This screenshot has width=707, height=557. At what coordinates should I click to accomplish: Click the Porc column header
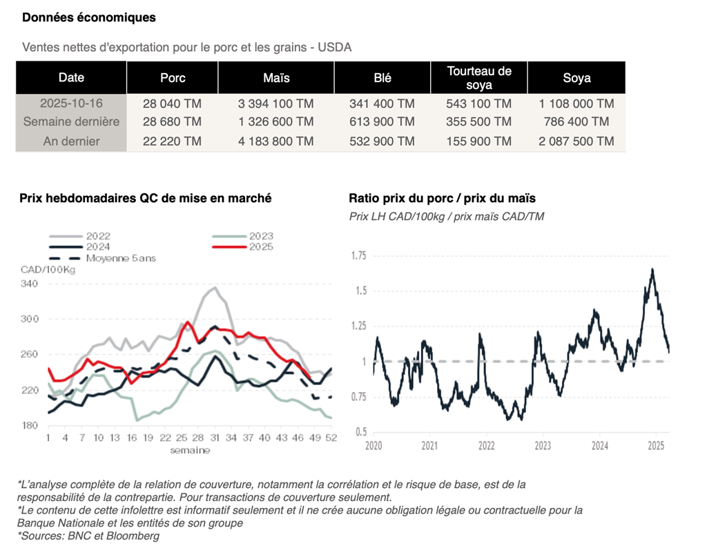point(173,78)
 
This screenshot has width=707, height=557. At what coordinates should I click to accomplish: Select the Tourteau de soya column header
point(479,78)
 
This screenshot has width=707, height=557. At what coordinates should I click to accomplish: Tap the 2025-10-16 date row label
point(71,104)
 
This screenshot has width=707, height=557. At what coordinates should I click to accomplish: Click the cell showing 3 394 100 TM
point(275,104)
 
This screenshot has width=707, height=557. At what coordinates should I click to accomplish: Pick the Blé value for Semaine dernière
point(382,122)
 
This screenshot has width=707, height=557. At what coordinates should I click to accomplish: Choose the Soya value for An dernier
point(577,141)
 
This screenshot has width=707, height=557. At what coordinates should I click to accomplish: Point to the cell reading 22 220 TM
point(173,141)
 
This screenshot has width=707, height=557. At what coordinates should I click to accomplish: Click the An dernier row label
point(71,141)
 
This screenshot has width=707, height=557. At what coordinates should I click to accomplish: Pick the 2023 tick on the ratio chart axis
point(542,446)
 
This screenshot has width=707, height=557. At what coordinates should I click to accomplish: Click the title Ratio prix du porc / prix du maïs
point(442,198)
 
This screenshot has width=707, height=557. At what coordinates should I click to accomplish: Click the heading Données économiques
point(89,17)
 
